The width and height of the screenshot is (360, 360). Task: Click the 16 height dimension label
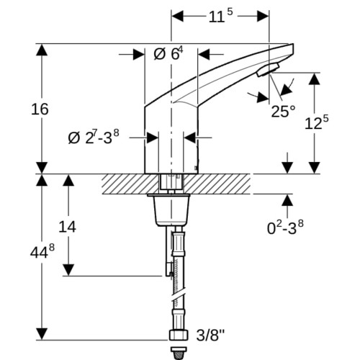[40, 109]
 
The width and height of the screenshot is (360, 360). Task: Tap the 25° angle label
[283, 111]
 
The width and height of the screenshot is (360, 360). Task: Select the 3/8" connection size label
[210, 336]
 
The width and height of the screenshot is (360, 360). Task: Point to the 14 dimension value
[68, 227]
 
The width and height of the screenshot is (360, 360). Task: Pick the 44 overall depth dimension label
[42, 251]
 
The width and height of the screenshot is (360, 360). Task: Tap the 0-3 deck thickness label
[285, 227]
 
